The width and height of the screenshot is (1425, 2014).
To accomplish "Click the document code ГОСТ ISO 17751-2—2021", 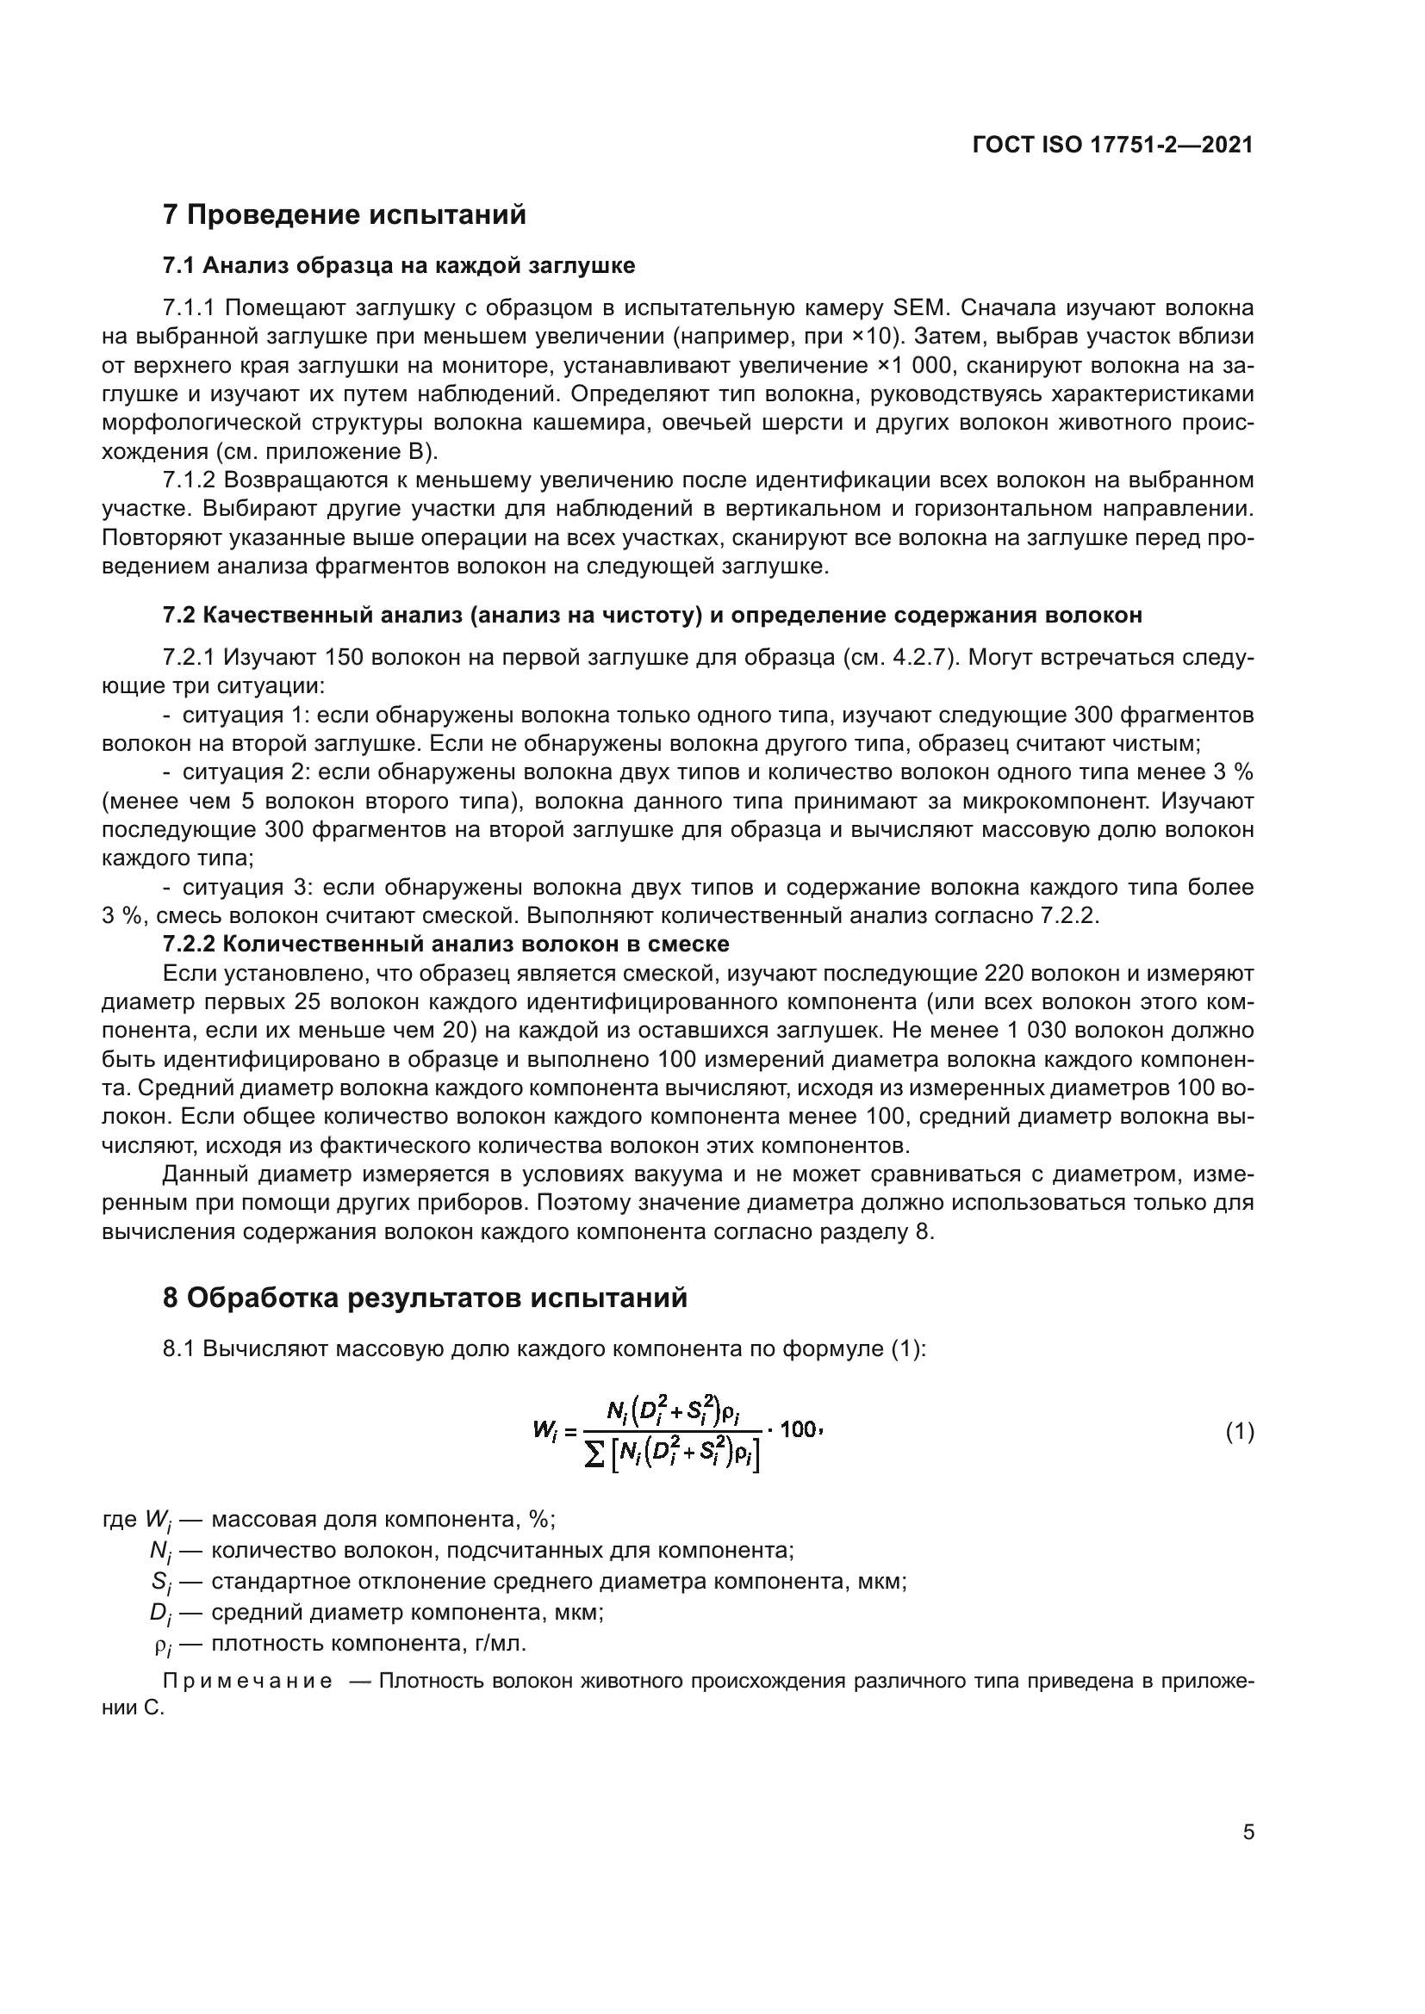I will coord(1112,146).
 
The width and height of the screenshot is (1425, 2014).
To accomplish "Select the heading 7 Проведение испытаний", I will coord(344,215).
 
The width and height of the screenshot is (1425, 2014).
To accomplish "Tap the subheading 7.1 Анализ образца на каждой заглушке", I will coord(398,265).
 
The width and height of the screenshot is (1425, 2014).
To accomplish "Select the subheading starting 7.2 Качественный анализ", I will coord(652,615).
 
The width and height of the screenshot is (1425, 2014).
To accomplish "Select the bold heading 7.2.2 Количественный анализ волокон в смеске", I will coord(445,944).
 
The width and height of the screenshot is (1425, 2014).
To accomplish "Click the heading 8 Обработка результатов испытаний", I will coord(425,1298).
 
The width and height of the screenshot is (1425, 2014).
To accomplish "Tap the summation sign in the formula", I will coord(593,1456).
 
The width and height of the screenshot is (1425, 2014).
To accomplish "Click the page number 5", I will coord(1248,1831).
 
